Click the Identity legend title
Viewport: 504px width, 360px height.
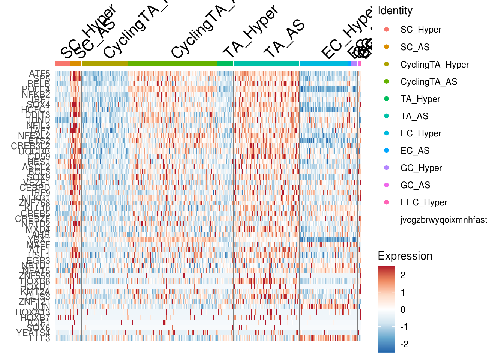(395, 11)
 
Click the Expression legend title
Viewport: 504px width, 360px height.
(405, 256)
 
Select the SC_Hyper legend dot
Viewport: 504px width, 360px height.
(387, 29)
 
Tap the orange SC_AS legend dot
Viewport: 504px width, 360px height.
(387, 47)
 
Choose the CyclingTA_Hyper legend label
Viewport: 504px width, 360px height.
(434, 64)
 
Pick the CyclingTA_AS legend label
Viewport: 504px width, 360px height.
(429, 82)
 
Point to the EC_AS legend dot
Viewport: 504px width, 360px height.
(387, 150)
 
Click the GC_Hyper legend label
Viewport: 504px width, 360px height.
(421, 168)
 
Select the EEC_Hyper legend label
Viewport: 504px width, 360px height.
(424, 202)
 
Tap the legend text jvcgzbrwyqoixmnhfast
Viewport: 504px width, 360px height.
(444, 220)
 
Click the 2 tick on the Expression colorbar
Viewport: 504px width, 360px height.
(403, 275)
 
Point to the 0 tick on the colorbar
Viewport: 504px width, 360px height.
(403, 310)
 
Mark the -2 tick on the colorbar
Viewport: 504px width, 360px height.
(404, 344)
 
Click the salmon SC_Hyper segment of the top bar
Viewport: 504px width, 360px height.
(62, 63)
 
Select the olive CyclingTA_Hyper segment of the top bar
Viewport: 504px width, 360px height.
(105, 63)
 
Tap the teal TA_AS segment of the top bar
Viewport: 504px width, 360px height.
(266, 63)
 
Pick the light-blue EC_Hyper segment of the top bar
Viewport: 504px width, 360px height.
(323, 63)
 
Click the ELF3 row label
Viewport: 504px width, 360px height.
(40, 339)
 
